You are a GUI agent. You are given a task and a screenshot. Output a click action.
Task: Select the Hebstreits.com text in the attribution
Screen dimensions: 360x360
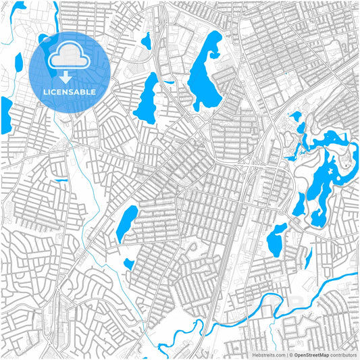click(269, 355)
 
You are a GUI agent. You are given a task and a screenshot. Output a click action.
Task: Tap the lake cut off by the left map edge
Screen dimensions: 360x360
click(5, 115)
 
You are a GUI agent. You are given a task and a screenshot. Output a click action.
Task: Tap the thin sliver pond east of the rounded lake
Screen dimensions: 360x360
click(308, 257)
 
